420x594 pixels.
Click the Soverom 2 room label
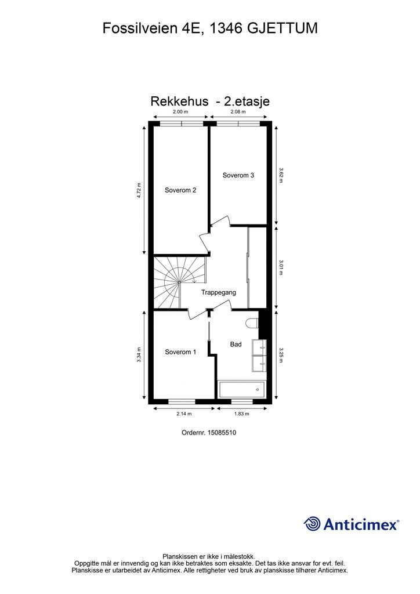(x=180, y=190)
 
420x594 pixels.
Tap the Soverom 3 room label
(x=238, y=175)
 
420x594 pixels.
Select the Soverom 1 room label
(x=180, y=352)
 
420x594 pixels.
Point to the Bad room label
(x=236, y=344)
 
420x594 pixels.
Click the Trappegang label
(x=219, y=292)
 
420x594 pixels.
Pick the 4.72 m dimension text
(x=139, y=190)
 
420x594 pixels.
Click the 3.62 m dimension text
(x=281, y=175)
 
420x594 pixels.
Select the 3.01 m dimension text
(x=281, y=267)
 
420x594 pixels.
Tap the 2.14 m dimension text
(x=184, y=414)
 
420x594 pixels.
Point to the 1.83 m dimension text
(x=242, y=414)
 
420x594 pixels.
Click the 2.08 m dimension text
(x=238, y=112)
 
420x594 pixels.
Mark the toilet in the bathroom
(x=252, y=324)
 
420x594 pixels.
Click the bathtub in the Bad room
(x=242, y=389)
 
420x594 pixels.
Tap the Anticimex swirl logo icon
(x=312, y=524)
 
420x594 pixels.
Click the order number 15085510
(x=222, y=433)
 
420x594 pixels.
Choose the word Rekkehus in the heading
(x=179, y=101)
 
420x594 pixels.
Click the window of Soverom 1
(x=182, y=401)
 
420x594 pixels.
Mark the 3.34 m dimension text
(x=139, y=355)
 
